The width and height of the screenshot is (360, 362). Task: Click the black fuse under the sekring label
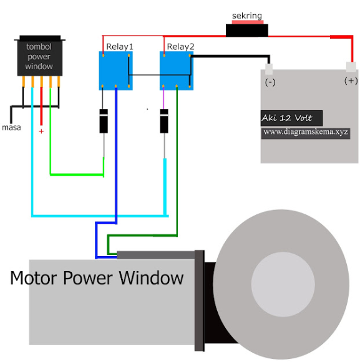(247, 31)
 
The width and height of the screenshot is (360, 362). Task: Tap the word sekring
(247, 16)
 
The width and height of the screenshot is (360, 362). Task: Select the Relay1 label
(120, 47)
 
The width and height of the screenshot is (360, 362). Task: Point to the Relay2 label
(180, 47)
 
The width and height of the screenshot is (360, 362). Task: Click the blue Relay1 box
(115, 70)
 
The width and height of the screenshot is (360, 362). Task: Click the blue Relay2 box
(177, 70)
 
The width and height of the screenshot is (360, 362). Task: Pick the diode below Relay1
(104, 121)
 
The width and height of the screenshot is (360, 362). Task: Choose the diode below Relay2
(164, 121)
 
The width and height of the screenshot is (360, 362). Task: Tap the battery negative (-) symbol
(270, 82)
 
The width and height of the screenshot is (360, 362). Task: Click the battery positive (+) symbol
(351, 81)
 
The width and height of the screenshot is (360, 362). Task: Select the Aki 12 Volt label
(287, 118)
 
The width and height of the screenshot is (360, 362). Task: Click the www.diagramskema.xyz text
(306, 132)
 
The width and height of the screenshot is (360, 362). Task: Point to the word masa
(11, 128)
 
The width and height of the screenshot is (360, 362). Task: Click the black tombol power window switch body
(40, 55)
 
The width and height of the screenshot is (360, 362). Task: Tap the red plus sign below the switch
(41, 131)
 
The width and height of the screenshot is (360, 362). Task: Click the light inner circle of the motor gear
(283, 284)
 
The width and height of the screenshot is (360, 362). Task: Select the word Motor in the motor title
(34, 278)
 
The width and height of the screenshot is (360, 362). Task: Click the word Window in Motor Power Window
(151, 277)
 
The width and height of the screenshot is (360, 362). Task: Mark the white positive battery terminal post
(351, 67)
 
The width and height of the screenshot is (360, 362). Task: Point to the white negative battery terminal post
(269, 69)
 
